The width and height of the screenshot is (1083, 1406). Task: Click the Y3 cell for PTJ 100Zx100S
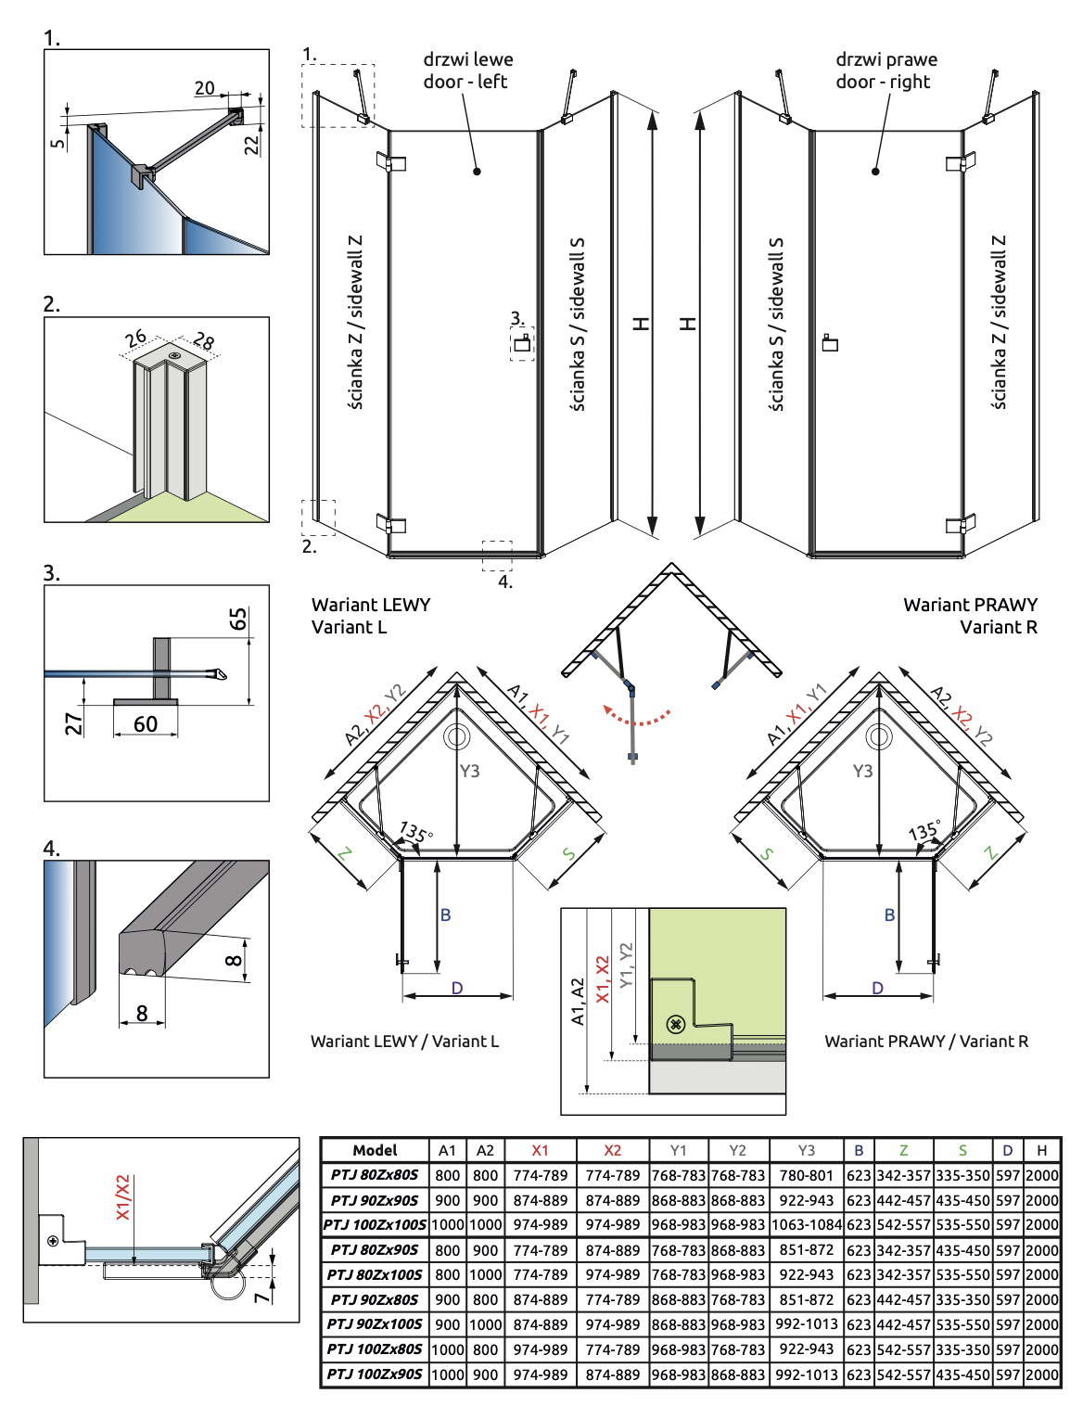pyautogui.click(x=806, y=1224)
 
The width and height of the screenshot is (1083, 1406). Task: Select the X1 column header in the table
pyautogui.click(x=540, y=1150)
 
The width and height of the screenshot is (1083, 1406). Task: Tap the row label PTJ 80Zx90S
pyautogui.click(x=375, y=1249)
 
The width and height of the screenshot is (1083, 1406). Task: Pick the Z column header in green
pyautogui.click(x=903, y=1150)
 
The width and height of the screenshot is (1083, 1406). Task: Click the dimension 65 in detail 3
pyautogui.click(x=238, y=619)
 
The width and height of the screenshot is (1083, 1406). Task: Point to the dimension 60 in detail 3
pyautogui.click(x=146, y=724)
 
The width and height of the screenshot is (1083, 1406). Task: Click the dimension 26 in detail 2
pyautogui.click(x=135, y=339)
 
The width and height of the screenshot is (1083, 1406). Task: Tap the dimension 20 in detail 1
pyautogui.click(x=205, y=88)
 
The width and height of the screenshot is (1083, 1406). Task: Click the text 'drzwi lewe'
pyautogui.click(x=468, y=59)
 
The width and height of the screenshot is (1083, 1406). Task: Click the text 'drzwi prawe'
pyautogui.click(x=886, y=59)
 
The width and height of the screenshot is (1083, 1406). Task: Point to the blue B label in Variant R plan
pyautogui.click(x=889, y=914)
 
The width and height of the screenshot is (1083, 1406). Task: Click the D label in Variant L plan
pyautogui.click(x=457, y=988)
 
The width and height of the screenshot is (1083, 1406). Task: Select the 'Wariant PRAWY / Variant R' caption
pyautogui.click(x=926, y=1042)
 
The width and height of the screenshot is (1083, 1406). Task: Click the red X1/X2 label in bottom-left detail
pyautogui.click(x=123, y=1197)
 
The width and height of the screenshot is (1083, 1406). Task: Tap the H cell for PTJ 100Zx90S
pyautogui.click(x=1042, y=1374)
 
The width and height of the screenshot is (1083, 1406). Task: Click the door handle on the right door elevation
pyautogui.click(x=830, y=343)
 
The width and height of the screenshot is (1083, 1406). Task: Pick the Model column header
pyautogui.click(x=375, y=1150)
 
